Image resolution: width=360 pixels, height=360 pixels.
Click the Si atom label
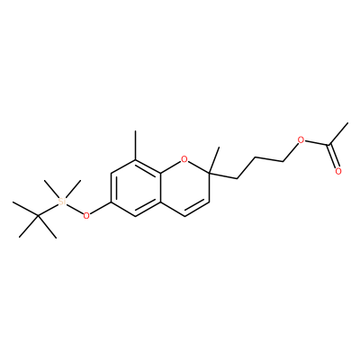pyautogui.click(x=62, y=202)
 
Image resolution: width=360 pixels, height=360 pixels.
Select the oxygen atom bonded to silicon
pyautogui.click(x=86, y=216)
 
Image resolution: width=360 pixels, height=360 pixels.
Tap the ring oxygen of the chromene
pyautogui.click(x=184, y=159)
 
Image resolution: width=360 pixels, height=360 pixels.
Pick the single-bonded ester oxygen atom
pyautogui.click(x=301, y=139)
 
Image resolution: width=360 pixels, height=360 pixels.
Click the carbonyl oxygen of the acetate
pyautogui.click(x=338, y=171)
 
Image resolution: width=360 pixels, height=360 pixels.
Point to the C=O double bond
pyautogui.click(x=333, y=157)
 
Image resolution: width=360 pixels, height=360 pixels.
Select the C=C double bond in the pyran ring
pyautogui.click(x=197, y=208)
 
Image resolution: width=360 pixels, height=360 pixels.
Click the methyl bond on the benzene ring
pyautogui.click(x=136, y=145)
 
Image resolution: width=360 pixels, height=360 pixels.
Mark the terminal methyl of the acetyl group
pyautogui.click(x=347, y=123)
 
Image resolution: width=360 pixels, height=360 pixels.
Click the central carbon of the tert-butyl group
pyautogui.click(x=38, y=216)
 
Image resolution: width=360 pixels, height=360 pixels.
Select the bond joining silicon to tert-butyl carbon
pyautogui.click(x=48, y=210)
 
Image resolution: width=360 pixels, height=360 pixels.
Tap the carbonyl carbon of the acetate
pyautogui.click(x=328, y=145)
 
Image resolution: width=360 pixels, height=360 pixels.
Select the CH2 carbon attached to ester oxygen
pyautogui.click(x=283, y=162)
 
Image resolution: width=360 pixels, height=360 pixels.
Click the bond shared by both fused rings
pyautogui.click(x=160, y=187)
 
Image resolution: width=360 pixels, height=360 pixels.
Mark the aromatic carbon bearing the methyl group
pyautogui.click(x=136, y=159)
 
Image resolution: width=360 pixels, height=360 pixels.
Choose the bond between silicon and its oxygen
pyautogui.click(x=75, y=209)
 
